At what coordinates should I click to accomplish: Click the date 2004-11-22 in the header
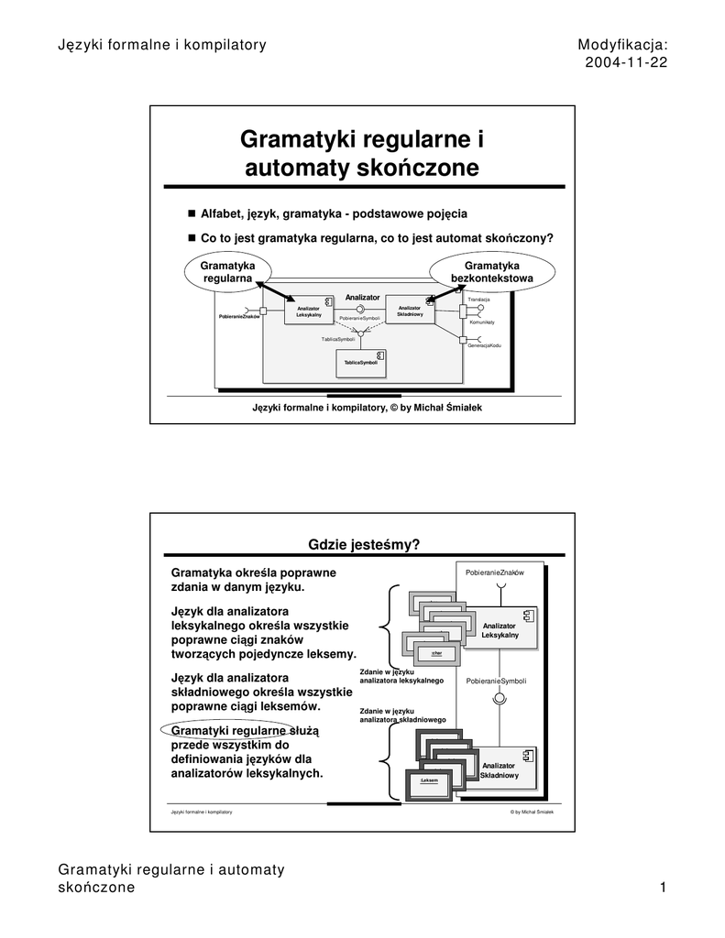625,62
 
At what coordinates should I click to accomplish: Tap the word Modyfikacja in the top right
622,44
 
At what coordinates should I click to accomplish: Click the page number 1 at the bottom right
662,888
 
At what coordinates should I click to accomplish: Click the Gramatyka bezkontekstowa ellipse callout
492,271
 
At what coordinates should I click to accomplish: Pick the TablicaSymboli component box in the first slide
361,363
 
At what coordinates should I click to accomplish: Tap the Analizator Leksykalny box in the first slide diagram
308,312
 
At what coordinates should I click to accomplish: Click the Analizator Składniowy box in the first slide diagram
409,311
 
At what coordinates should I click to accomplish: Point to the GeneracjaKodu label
484,345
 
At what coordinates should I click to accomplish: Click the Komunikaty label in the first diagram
482,322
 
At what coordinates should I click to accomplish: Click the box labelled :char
436,653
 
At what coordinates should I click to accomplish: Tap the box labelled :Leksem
430,780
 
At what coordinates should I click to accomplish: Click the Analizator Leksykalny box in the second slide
500,629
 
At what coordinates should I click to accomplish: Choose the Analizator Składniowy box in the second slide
500,770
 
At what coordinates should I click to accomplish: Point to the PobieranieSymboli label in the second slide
496,682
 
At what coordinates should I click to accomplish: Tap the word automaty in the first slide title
296,168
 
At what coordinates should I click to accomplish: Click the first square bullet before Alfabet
192,213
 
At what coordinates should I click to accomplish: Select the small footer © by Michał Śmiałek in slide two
532,813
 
